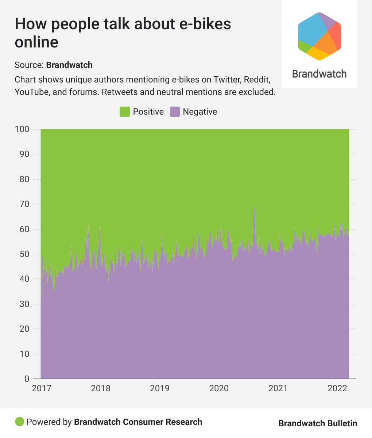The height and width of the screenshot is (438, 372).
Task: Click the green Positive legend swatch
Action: pyautogui.click(x=125, y=112)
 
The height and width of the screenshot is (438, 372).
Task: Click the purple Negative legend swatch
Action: pyautogui.click(x=175, y=112)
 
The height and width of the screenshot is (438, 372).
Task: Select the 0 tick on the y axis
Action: pyautogui.click(x=27, y=379)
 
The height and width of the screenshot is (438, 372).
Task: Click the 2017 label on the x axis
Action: pyautogui.click(x=42, y=388)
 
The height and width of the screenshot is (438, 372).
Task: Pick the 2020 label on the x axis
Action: pyautogui.click(x=219, y=388)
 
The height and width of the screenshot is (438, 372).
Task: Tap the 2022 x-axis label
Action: pyautogui.click(x=337, y=388)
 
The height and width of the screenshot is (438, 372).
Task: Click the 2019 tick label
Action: pyautogui.click(x=160, y=388)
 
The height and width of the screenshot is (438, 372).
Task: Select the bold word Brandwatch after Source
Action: pyautogui.click(x=69, y=65)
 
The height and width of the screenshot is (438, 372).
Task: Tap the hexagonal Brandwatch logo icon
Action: pyautogui.click(x=319, y=36)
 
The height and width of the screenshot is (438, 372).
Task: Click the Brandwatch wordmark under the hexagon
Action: pyautogui.click(x=319, y=74)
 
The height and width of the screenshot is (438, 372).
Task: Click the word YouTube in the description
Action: pyautogui.click(x=31, y=92)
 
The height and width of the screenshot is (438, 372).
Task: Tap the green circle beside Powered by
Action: pyautogui.click(x=19, y=422)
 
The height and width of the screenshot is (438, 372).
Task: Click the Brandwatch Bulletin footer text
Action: pyautogui.click(x=318, y=423)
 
